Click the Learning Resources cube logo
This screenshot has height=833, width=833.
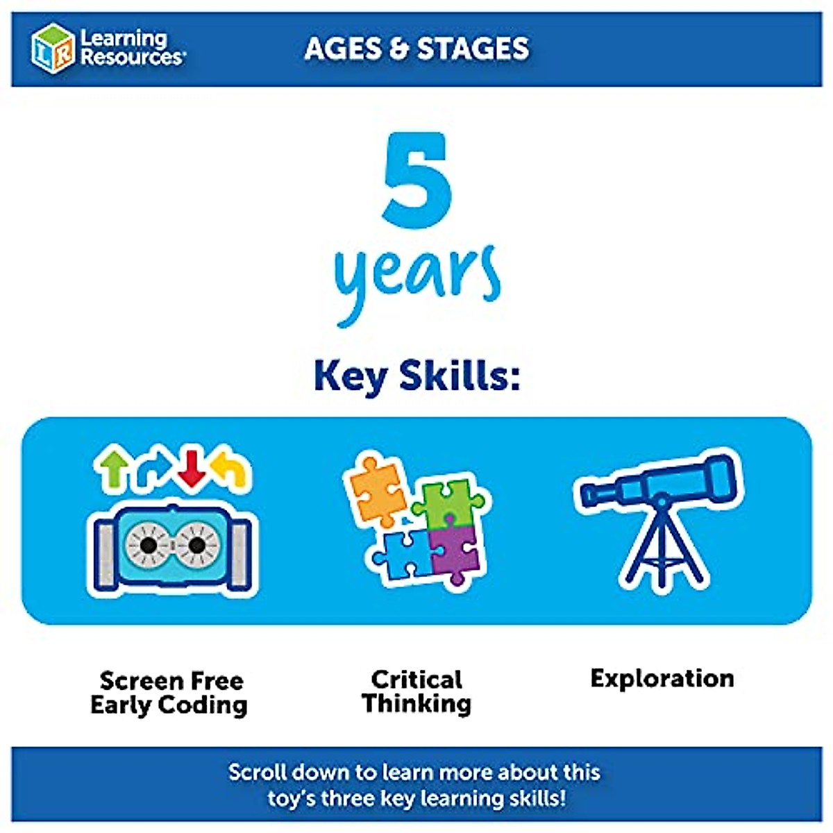53,48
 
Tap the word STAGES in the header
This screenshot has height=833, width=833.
473,48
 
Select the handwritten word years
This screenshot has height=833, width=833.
417,283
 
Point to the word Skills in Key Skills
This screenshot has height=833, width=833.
460,376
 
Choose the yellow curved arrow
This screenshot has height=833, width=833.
230,469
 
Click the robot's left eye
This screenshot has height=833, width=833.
149,545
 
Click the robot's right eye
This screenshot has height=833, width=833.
196,545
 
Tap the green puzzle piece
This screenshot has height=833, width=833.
448,501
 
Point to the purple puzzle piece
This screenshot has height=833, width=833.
454,553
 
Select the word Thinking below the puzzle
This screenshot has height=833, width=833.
416,703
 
